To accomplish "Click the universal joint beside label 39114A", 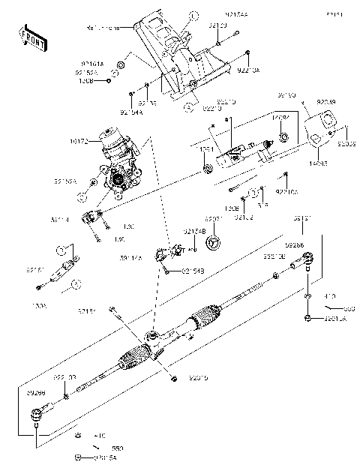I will (x=169, y=254).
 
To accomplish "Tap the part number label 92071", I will (x=214, y=219).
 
